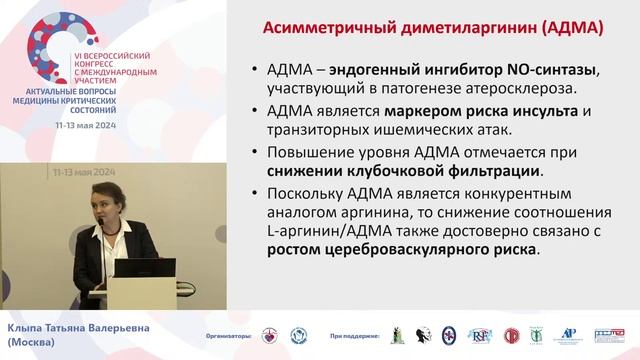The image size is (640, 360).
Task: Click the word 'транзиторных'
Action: coord(326,131)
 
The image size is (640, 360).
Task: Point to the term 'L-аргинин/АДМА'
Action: coord(330,234)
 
